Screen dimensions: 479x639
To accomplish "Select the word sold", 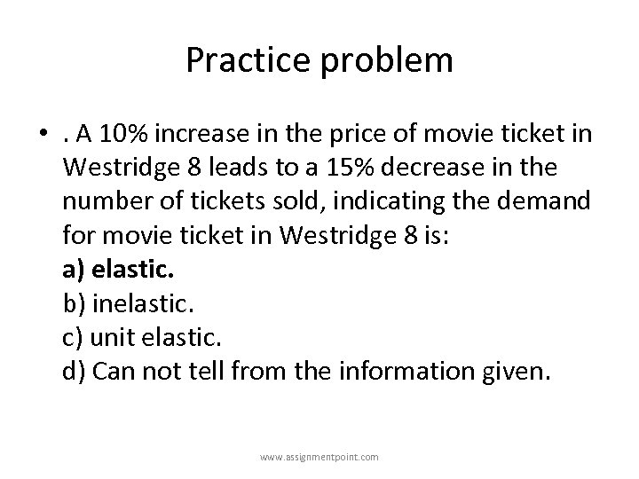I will (x=285, y=200).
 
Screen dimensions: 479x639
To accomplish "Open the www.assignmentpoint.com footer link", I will (x=319, y=457).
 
